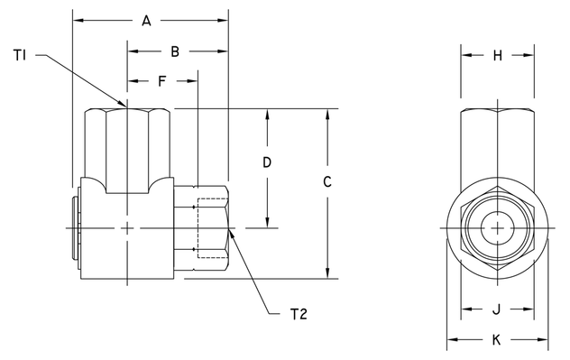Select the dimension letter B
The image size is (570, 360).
click(175, 52)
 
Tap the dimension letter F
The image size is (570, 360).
click(161, 82)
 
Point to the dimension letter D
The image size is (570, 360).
click(267, 163)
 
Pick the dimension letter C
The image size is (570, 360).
click(327, 181)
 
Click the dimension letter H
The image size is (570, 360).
click(497, 55)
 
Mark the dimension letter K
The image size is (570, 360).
click(497, 340)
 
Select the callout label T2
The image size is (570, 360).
click(299, 314)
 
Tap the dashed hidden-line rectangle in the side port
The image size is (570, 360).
click(212, 228)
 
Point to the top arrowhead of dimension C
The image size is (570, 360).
click(327, 115)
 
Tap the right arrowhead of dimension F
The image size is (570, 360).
click(192, 82)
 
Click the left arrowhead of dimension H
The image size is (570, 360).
click(466, 55)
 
